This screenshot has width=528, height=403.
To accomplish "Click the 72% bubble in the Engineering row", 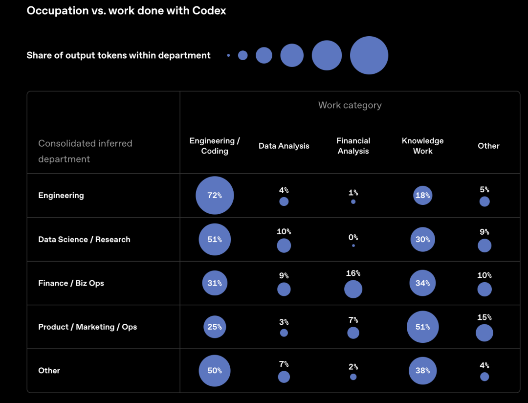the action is tap(215, 196).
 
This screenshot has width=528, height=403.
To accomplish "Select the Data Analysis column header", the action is tap(284, 146).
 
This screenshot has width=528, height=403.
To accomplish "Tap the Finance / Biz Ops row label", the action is tap(71, 283).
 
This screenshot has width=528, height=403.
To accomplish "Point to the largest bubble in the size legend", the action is tap(369, 55).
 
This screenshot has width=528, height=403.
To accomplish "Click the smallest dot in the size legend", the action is tap(228, 55).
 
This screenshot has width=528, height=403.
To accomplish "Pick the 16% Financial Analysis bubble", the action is tap(353, 289).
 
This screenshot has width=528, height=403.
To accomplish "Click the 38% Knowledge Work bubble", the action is tap(422, 371).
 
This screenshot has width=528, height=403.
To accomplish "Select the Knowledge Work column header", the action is tap(422, 146).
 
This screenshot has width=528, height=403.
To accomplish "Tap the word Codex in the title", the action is tap(209, 11).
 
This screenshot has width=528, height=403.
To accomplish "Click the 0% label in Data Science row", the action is tap(353, 237).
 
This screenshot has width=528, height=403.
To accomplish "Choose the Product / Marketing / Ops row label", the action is tap(88, 327).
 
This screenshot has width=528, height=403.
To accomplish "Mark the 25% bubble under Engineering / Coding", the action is tap(215, 327).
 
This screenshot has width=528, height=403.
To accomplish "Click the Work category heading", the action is tap(350, 105).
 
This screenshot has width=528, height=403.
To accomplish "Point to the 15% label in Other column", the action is tap(484, 317).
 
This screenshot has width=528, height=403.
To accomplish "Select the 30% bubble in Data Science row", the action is tap(422, 239).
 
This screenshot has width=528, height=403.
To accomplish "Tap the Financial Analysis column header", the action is tap(353, 146).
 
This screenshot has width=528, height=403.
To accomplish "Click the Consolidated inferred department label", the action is tap(85, 151).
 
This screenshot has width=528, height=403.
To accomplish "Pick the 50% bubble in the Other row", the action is tap(215, 371).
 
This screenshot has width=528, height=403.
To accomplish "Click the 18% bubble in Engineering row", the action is tap(422, 196).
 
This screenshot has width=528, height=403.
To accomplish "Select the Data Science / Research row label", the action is tap(84, 239).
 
